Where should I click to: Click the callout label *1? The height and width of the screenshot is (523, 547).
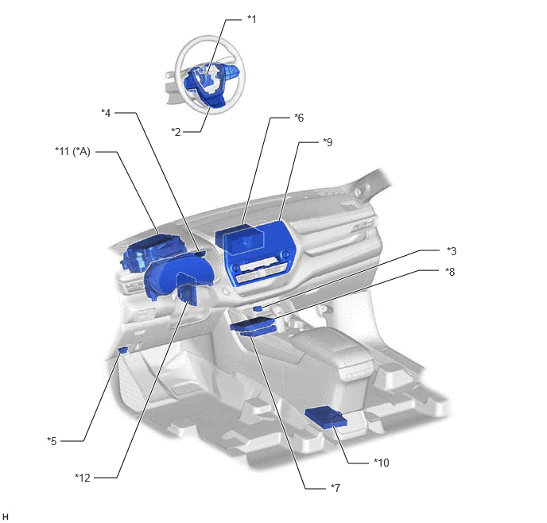coord(251,20)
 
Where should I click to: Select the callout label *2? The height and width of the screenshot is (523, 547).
coord(176,132)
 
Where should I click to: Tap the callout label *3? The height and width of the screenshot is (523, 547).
coord(452,251)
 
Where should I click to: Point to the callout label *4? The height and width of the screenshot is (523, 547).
coord(106,113)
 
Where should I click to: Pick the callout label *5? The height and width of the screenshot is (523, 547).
coord(52,441)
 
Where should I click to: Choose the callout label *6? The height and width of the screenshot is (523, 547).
coord(299,118)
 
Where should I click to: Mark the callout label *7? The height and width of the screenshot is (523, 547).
coord(336,488)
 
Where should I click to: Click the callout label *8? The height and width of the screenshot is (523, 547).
coord(450,272)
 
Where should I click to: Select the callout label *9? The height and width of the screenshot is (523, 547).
coord(328,142)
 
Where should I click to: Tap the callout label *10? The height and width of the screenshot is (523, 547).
coord(382,463)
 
